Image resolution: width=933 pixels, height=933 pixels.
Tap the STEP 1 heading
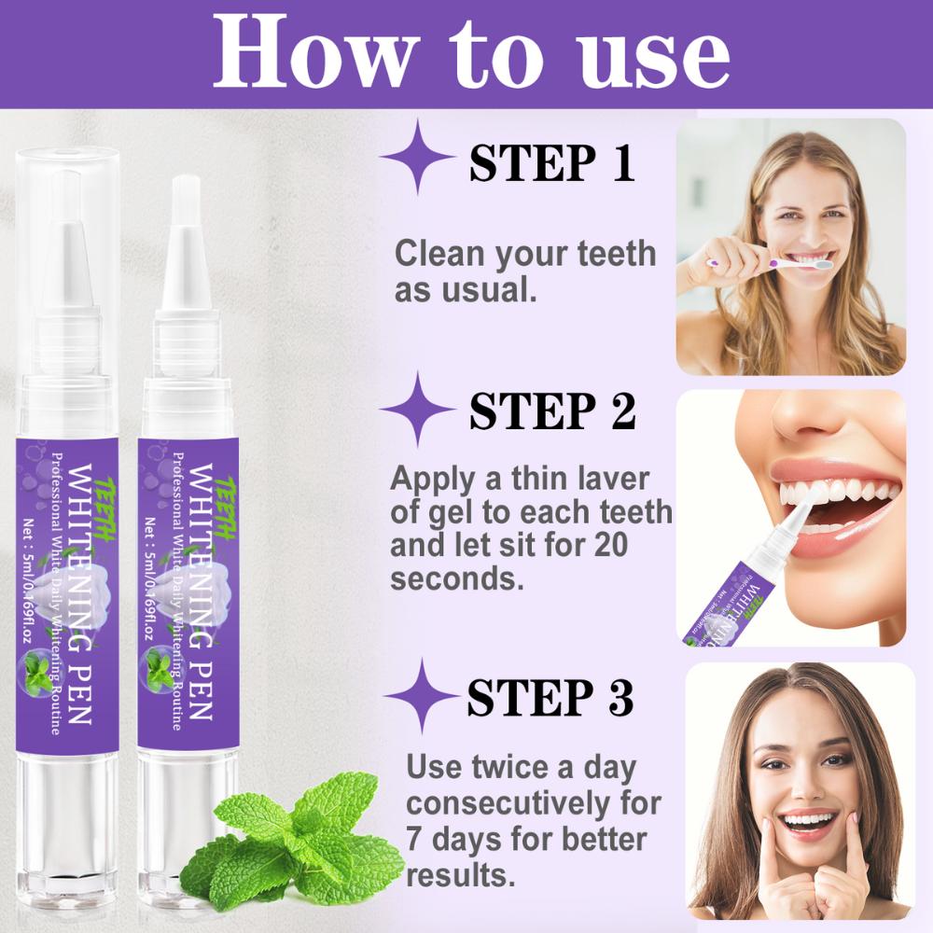551,162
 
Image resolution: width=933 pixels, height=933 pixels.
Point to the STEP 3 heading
550,697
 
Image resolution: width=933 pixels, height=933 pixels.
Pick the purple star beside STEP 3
419,695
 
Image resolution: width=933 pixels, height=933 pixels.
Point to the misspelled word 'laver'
611,479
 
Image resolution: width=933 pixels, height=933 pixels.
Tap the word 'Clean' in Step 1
439,254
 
